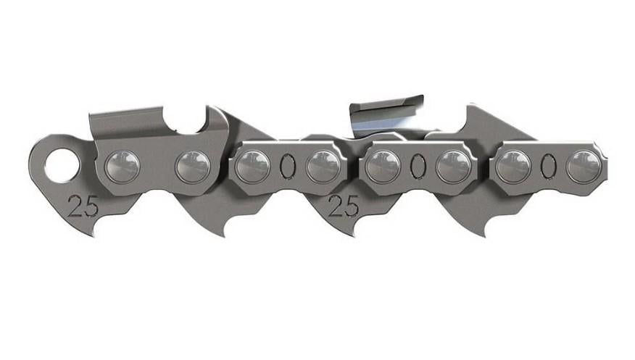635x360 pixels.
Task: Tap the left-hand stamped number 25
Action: click(84, 206)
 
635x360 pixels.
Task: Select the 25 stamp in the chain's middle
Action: click(344, 206)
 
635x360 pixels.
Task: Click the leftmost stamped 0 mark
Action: click(287, 166)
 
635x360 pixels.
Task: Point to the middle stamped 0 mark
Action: click(417, 166)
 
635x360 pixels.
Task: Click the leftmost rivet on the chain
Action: click(120, 166)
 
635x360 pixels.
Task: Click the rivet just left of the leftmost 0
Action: click(252, 166)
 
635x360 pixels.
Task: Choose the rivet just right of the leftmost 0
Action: click(323, 166)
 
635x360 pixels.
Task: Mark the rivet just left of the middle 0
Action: click(381, 166)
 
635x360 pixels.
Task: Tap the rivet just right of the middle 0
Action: click(453, 166)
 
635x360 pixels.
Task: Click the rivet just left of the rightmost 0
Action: click(512, 166)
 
